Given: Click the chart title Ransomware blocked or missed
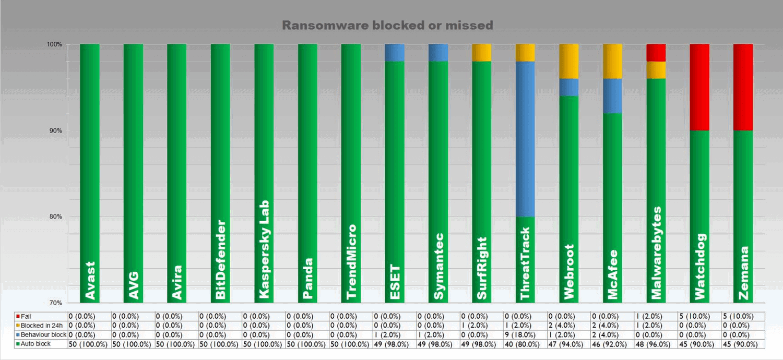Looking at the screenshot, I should pyautogui.click(x=388, y=25).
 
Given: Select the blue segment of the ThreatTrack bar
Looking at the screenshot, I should pyautogui.click(x=525, y=139).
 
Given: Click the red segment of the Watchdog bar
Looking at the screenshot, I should pyautogui.click(x=699, y=87).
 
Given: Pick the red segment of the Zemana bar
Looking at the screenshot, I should pyautogui.click(x=743, y=87).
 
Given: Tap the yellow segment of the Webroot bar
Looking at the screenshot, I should pyautogui.click(x=568, y=61).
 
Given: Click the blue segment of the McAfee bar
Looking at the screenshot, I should pyautogui.click(x=612, y=95).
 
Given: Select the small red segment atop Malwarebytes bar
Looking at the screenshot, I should pyautogui.click(x=656, y=53).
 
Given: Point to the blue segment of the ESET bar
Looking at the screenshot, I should pyautogui.click(x=394, y=53).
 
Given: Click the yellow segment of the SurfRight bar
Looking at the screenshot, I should pyautogui.click(x=481, y=53).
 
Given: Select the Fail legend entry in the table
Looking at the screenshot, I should pyautogui.click(x=26, y=316).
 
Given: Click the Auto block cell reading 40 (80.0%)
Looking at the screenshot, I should pyautogui.click(x=525, y=344).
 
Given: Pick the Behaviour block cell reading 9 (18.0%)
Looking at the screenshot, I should pyautogui.click(x=525, y=334).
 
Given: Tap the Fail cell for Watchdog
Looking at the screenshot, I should pyautogui.click(x=699, y=316).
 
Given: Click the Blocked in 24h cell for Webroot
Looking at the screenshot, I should pyautogui.click(x=568, y=326).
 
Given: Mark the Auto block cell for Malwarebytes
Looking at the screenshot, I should pyautogui.click(x=656, y=344).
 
